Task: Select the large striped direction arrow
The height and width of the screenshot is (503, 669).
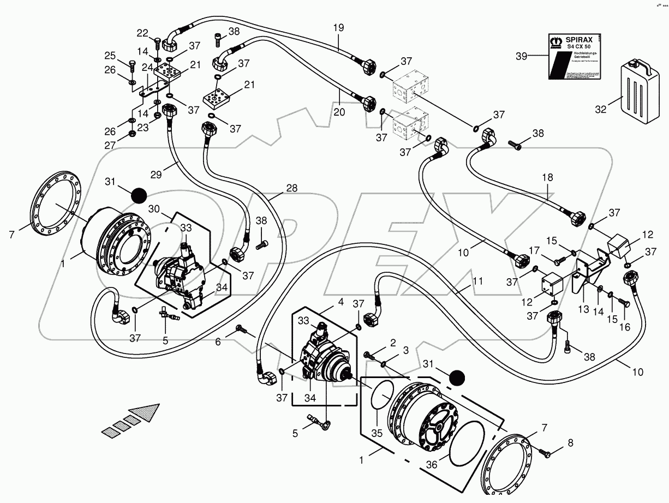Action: [x=131, y=421]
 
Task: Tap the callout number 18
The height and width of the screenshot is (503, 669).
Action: [x=547, y=177]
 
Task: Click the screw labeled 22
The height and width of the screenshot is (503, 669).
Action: [x=157, y=40]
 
